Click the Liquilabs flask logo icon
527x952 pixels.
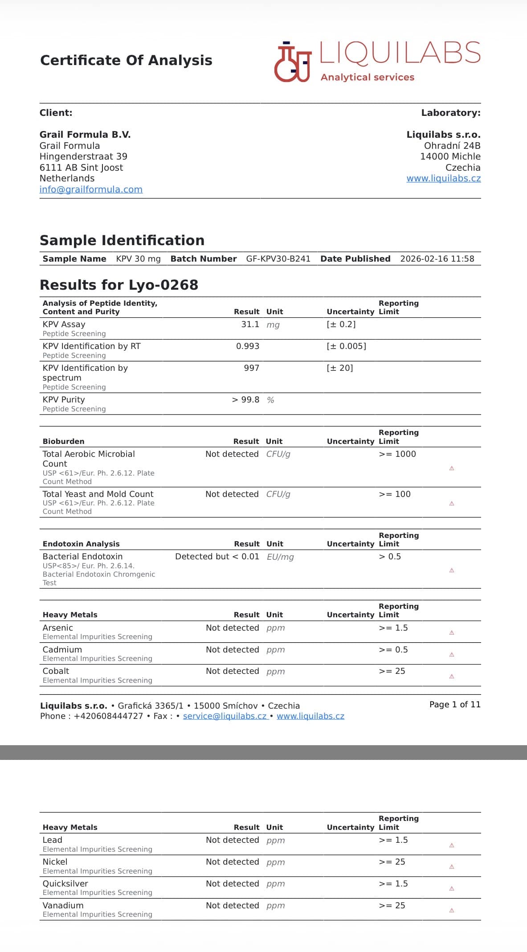[x=292, y=62]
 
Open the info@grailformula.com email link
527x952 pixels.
[x=91, y=189]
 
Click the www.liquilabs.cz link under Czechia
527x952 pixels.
[x=443, y=178]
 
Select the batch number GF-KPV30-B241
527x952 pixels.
[x=278, y=259]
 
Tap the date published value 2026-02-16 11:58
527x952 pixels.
[x=437, y=259]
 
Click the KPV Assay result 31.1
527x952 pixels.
[x=250, y=324]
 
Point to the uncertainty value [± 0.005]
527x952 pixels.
[x=346, y=346]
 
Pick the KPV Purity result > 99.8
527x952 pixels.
[x=245, y=400]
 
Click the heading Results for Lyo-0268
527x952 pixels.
[x=119, y=285]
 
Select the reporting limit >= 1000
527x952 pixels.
[x=397, y=454]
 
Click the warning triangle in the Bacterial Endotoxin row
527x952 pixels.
[x=452, y=570]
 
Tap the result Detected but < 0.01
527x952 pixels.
[x=217, y=557]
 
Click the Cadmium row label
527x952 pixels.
[x=62, y=650]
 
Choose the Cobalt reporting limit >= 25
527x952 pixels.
[x=392, y=671]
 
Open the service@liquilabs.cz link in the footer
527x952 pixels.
[x=225, y=716]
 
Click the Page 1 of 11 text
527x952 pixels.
[x=455, y=705]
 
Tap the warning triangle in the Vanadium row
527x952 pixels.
[x=452, y=911]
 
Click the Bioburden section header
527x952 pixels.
[x=63, y=441]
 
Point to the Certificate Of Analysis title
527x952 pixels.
[x=126, y=60]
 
